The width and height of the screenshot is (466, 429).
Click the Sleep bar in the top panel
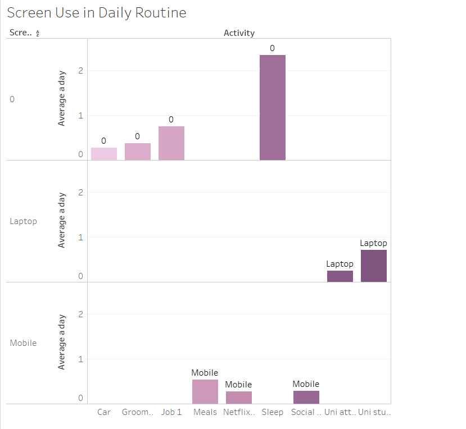click(x=272, y=107)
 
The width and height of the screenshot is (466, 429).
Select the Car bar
click(x=104, y=154)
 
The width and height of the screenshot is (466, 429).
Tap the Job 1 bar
click(x=171, y=143)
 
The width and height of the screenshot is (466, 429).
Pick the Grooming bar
click(x=138, y=152)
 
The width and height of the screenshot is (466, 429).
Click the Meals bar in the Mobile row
click(x=205, y=391)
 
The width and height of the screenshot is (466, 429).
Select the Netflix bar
click(x=239, y=398)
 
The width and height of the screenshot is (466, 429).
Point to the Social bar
click(x=306, y=397)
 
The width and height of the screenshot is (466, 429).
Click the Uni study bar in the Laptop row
click(x=374, y=266)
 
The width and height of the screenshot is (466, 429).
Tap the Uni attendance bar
click(x=340, y=276)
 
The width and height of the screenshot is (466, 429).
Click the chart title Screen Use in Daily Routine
click(x=97, y=13)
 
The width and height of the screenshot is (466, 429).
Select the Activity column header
click(x=239, y=33)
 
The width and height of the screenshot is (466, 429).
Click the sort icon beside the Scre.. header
click(x=38, y=34)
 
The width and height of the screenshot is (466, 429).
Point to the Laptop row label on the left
click(x=24, y=221)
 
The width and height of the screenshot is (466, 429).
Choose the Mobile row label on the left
click(x=23, y=343)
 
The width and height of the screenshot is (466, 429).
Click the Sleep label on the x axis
click(x=273, y=412)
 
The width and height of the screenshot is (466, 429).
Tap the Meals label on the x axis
click(x=205, y=412)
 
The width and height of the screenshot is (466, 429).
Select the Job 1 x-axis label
click(x=171, y=412)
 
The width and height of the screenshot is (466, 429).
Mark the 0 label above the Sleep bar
click(x=272, y=49)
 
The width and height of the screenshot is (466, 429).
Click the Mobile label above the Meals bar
click(x=205, y=373)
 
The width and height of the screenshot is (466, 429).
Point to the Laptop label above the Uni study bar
click(x=374, y=243)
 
